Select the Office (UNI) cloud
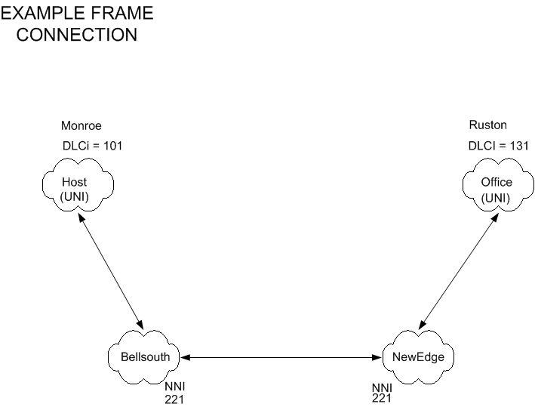pos(496,189)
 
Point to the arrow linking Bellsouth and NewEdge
pos(282,356)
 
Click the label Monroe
pos(81,125)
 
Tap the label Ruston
pos(487,125)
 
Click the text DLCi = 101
pos(91,146)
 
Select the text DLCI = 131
pos(499,146)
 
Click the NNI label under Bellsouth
pos(174,387)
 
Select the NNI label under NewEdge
pos(382,388)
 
